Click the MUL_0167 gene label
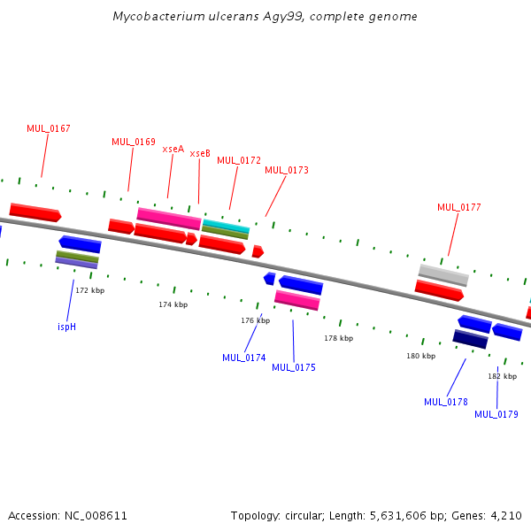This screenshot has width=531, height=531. pos(49,128)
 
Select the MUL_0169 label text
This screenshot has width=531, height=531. pos(134,142)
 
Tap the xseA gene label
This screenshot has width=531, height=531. pos(173,150)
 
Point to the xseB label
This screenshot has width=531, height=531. pos(200,154)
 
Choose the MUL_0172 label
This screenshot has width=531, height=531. pos(239,160)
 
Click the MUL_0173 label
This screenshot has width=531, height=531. pos(287,170)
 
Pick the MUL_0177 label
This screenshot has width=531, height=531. pos(458,207)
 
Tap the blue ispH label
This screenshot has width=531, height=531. pos(66,327)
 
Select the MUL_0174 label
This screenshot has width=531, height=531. pos(244,358)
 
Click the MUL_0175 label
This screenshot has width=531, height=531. pos(294,367)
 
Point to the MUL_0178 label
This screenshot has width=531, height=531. pos(446,402)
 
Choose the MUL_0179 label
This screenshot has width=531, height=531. pos(496,414)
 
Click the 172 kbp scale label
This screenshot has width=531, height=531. pos(89,290)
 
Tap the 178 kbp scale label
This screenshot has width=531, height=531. pos(339,338)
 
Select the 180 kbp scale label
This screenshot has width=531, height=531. pos(421,356)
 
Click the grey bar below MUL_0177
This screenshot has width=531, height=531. pos(443,275)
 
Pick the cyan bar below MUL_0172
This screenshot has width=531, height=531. pos(226,226)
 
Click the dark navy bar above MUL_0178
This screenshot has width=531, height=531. pos(470,339)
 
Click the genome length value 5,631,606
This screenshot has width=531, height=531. pos(397,515)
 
